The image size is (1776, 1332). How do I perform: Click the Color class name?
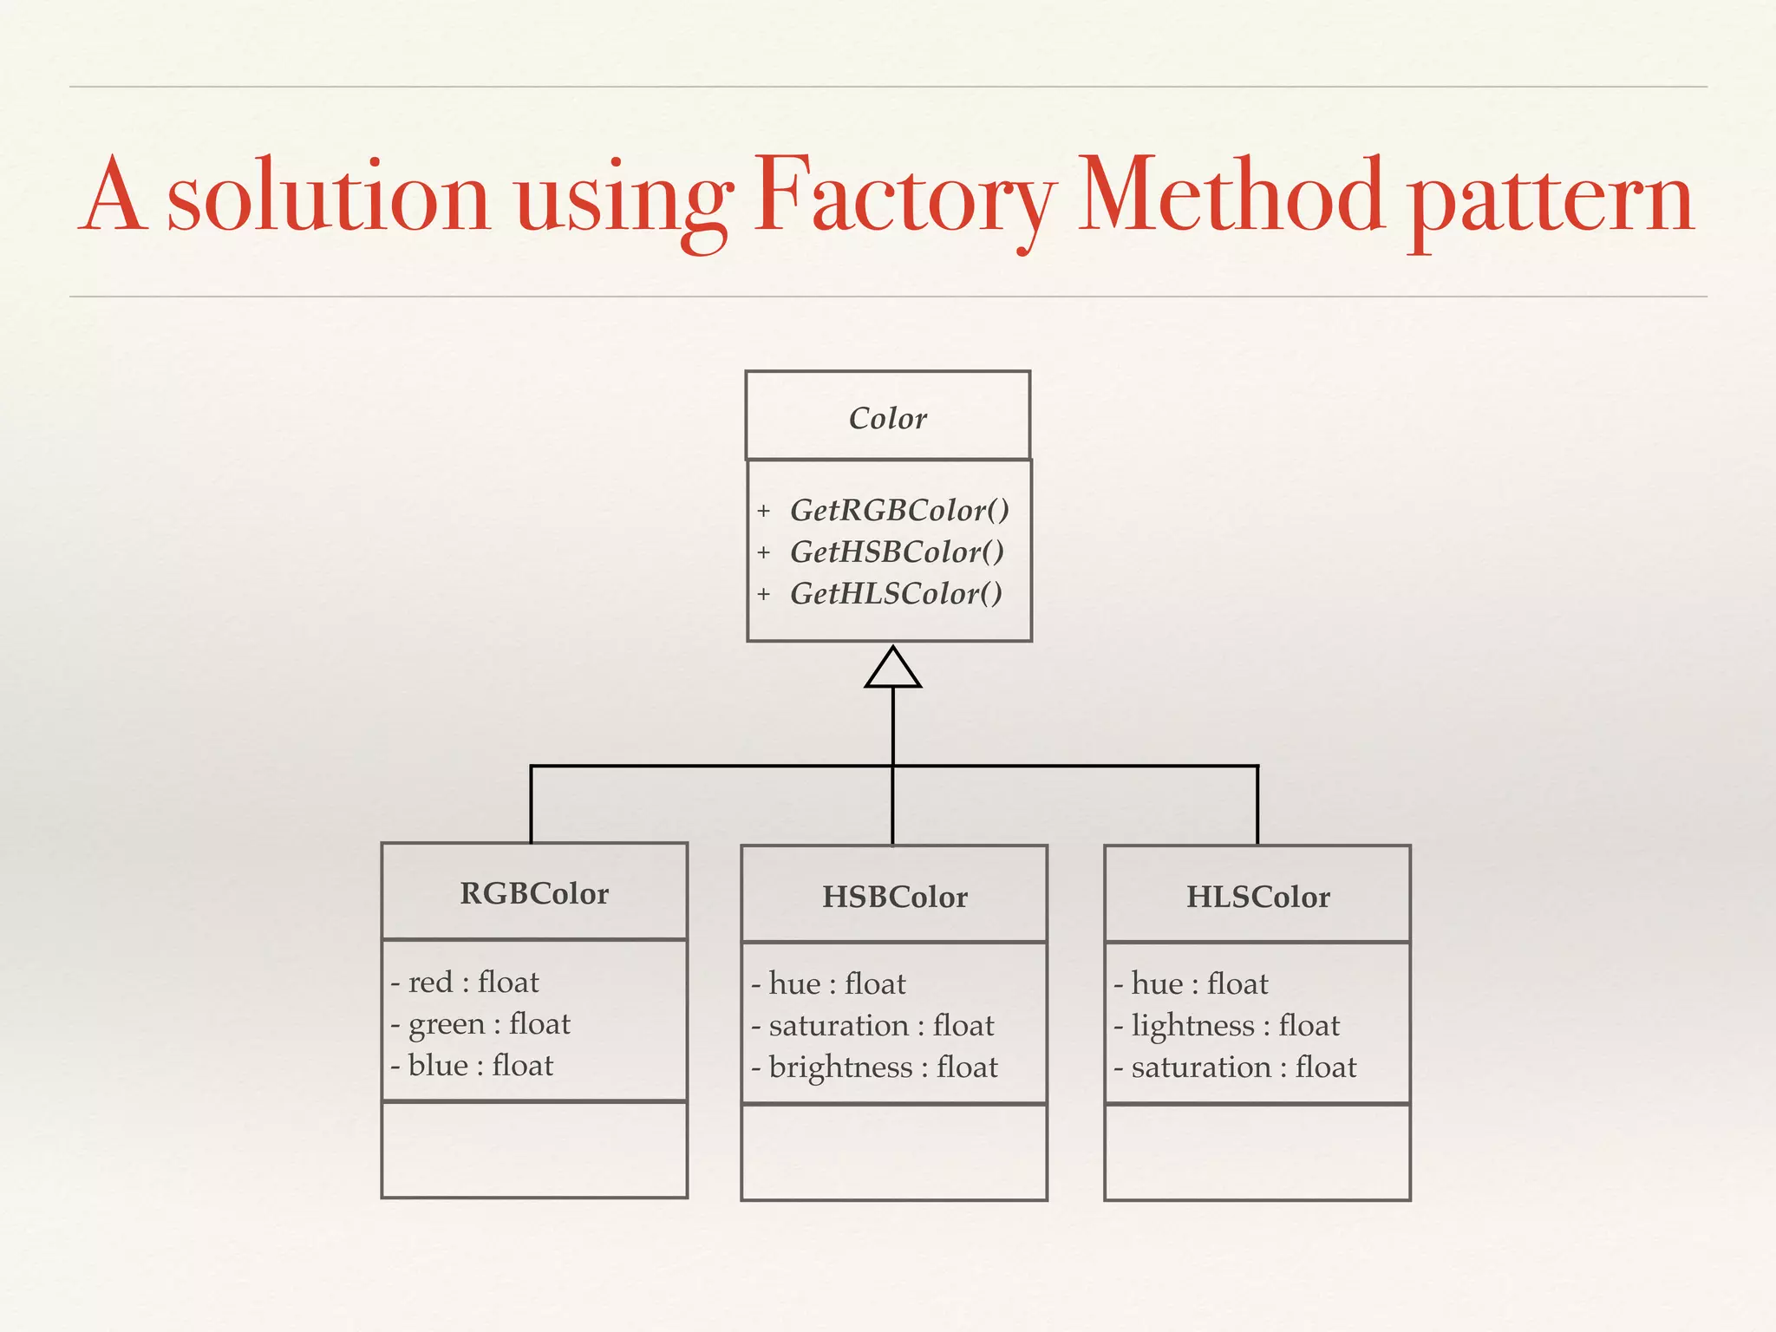pos(887,418)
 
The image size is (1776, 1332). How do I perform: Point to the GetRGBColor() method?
pos(899,510)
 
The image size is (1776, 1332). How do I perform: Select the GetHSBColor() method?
pos(897,552)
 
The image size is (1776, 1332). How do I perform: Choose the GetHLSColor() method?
pos(896,594)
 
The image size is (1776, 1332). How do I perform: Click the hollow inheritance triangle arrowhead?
pos(892,669)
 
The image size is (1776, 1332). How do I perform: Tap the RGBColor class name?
pos(534,893)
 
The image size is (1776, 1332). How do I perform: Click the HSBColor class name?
pos(894,897)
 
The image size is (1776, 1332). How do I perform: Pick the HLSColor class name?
pos(1257,897)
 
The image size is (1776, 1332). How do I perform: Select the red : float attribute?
pos(473,983)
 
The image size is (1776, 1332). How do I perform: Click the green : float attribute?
pos(488,1024)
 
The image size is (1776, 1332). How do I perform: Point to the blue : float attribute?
pos(480,1066)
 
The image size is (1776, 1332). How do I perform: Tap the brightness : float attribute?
pos(882,1068)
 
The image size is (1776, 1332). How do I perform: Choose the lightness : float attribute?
pos(1235,1026)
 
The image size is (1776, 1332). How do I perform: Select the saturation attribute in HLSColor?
pos(1243,1068)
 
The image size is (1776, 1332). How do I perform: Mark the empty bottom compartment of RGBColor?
pos(534,1150)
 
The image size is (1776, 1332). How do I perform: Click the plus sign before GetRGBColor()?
pos(763,511)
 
